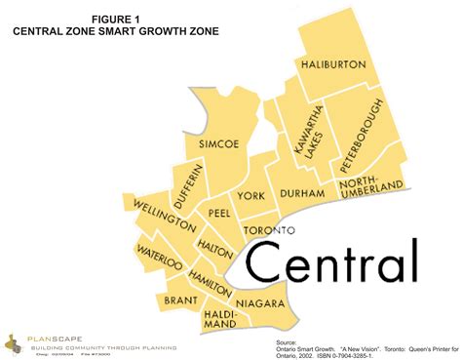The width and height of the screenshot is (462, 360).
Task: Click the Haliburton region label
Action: pyautogui.click(x=333, y=63)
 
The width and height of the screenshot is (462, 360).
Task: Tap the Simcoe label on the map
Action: pyautogui.click(x=219, y=143)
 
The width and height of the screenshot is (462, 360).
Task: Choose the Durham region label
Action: pyautogui.click(x=302, y=194)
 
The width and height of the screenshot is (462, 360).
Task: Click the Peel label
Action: pyautogui.click(x=218, y=212)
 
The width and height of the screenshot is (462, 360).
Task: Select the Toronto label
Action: pyautogui.click(x=268, y=230)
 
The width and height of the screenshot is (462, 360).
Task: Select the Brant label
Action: pyautogui.click(x=181, y=300)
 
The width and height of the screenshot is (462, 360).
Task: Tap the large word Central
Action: pyautogui.click(x=331, y=260)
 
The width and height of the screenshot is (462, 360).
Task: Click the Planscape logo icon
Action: pyautogui.click(x=14, y=342)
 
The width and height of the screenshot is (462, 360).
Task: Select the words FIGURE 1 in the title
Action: pyautogui.click(x=115, y=18)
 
